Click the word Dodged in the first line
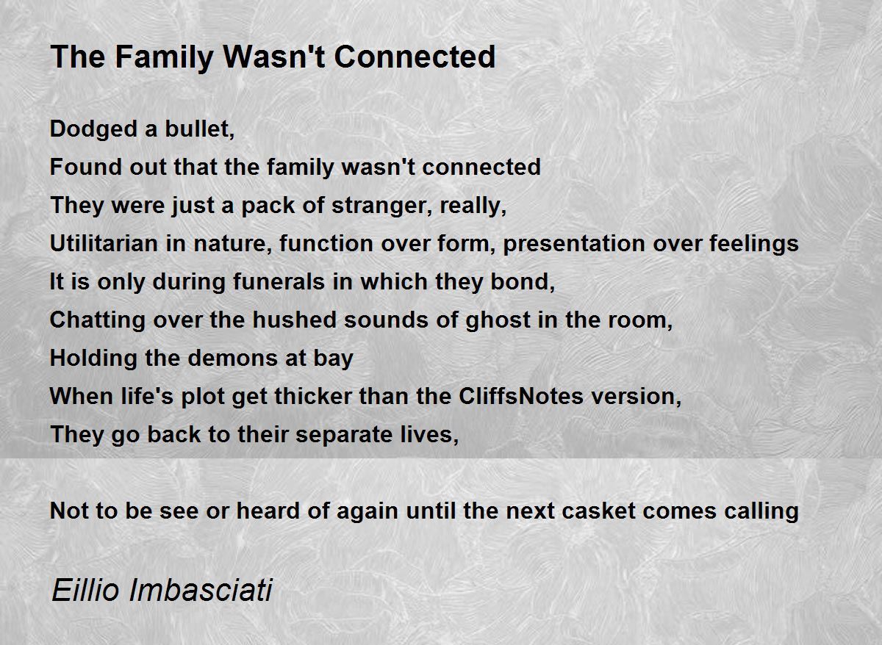93,129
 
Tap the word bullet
200,129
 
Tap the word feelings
753,244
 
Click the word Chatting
98,320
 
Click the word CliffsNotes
521,396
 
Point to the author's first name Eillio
85,591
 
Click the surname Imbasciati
201,591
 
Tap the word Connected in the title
415,57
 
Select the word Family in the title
164,57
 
